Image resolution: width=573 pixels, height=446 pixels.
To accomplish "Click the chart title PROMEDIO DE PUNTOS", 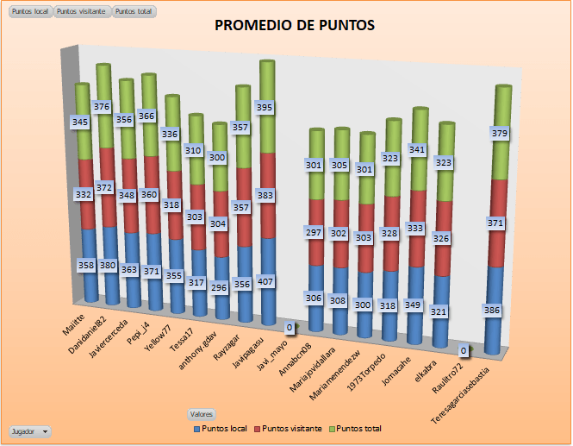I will tap(294, 27).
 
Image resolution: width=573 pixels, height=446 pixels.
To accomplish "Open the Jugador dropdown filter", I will tap(29, 430).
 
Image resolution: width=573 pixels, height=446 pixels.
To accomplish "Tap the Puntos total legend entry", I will tap(355, 429).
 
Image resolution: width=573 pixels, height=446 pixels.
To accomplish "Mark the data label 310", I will tap(196, 151).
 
